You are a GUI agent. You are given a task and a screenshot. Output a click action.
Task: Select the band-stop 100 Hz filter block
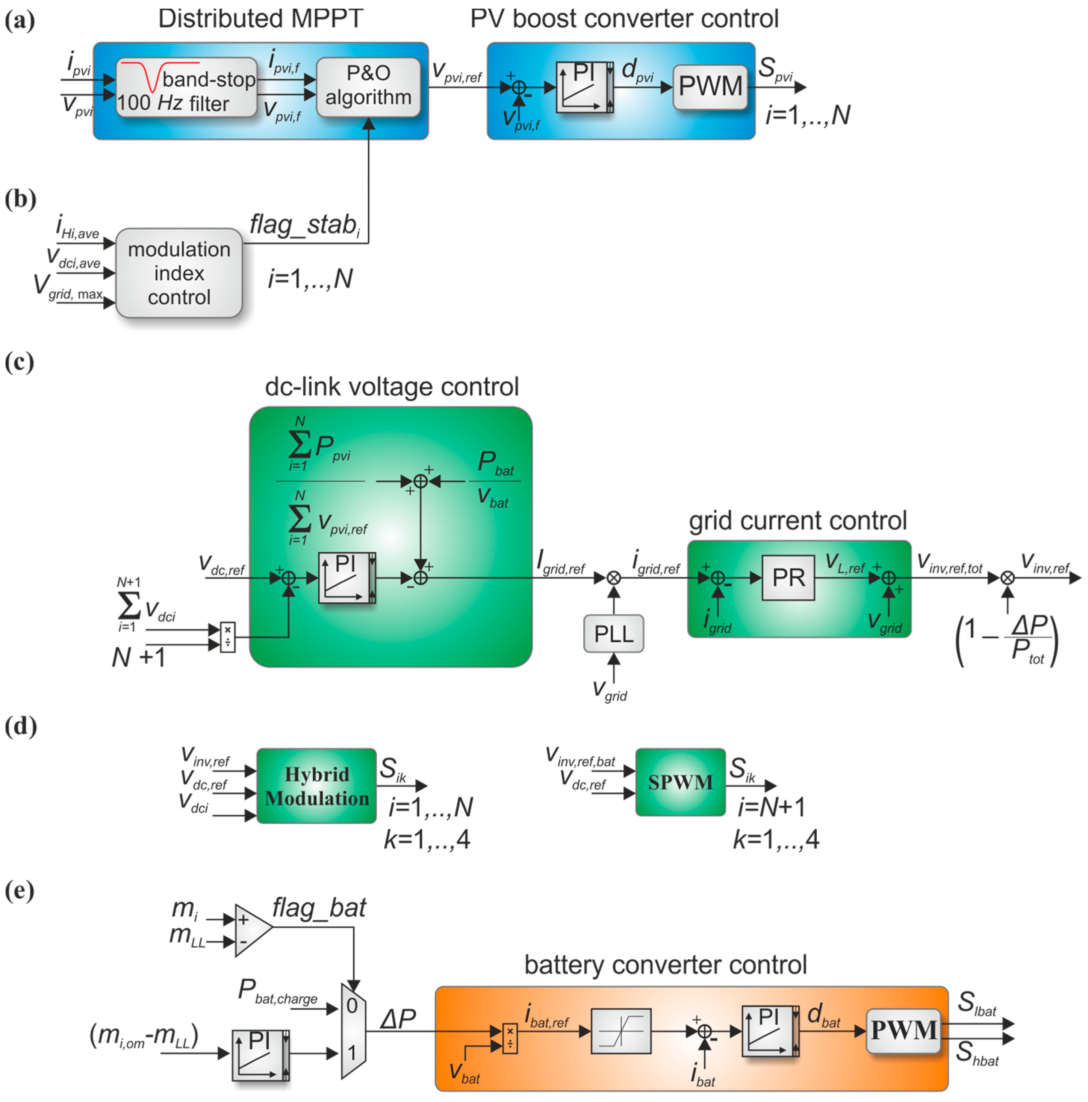pyautogui.click(x=186, y=87)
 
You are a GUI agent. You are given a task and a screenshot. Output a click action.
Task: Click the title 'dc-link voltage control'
pyautogui.click(x=391, y=386)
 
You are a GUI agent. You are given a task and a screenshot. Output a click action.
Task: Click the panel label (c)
pyautogui.click(x=20, y=361)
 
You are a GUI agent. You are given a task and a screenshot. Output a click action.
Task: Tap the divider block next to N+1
pyautogui.click(x=227, y=636)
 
